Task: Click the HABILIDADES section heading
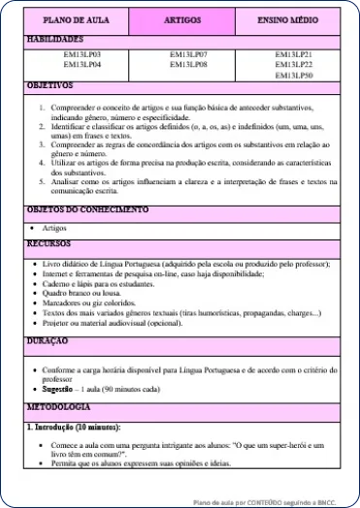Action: [x=55, y=40]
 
